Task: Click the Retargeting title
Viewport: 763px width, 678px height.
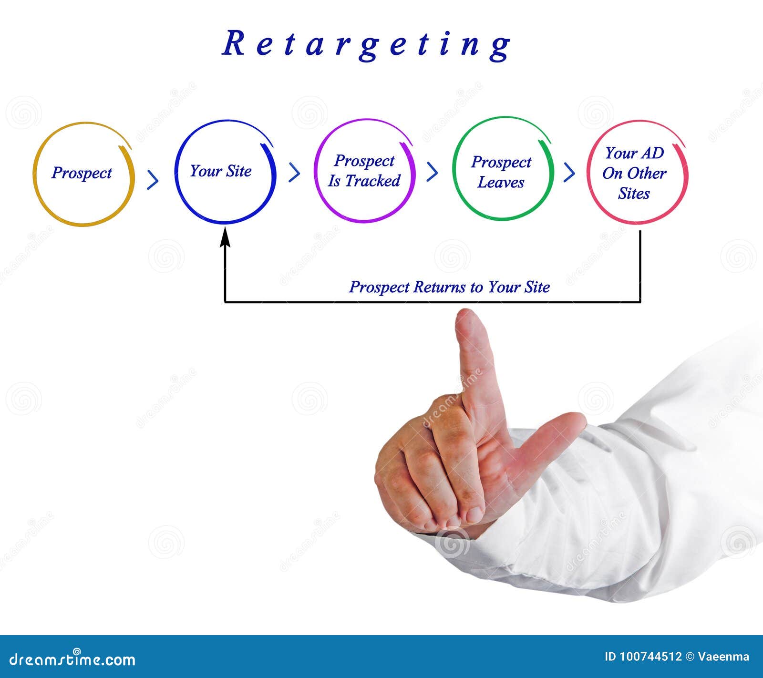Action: click(366, 45)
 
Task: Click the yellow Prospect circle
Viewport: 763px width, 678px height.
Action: click(83, 174)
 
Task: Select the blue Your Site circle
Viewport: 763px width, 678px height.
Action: click(225, 172)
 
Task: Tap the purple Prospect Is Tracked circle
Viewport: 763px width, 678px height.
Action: click(364, 171)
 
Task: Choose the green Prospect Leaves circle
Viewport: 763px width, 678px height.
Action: click(502, 169)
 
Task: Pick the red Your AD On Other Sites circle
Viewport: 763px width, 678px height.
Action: click(637, 173)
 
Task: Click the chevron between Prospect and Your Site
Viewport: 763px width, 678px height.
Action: click(153, 179)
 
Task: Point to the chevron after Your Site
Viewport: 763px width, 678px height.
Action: click(294, 172)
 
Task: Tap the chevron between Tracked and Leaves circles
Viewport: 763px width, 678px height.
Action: click(432, 172)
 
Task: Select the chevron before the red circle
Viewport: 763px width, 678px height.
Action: click(569, 172)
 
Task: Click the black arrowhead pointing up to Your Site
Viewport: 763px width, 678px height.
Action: click(225, 237)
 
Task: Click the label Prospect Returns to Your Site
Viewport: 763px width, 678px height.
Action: click(449, 287)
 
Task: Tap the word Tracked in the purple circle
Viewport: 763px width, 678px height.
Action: click(372, 181)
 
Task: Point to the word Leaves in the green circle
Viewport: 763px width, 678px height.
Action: click(501, 183)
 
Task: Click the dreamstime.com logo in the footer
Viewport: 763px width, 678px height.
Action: click(72, 659)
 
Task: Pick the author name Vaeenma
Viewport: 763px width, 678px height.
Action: click(723, 657)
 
